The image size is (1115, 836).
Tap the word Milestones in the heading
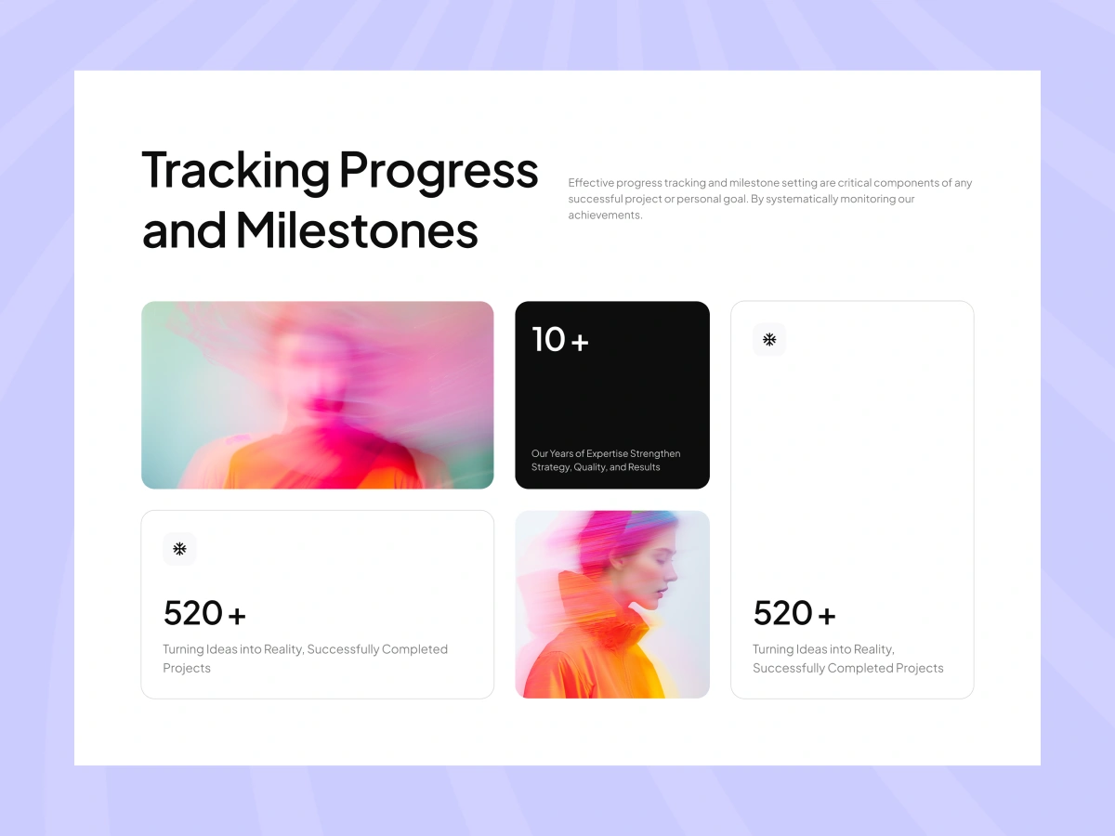(x=357, y=230)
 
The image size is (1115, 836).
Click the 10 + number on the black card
(x=560, y=339)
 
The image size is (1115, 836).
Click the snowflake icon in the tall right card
(x=769, y=339)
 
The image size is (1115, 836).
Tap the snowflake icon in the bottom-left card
(x=179, y=549)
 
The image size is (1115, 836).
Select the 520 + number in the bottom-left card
(x=204, y=613)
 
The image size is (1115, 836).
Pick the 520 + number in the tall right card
(x=794, y=613)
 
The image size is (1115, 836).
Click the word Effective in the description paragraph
(x=591, y=182)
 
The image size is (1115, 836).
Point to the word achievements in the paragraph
(x=605, y=215)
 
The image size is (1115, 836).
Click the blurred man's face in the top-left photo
(x=318, y=375)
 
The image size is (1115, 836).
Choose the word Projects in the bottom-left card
(x=187, y=668)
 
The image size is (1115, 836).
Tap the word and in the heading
(x=184, y=231)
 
